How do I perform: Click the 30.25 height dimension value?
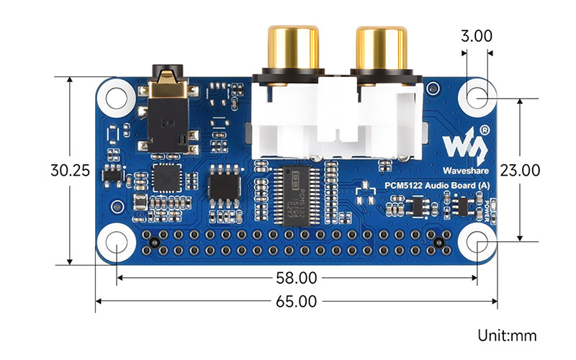tap(70, 171)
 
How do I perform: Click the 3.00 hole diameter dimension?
tap(477, 35)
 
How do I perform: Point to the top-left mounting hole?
tap(116, 96)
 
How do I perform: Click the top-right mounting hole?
tap(477, 96)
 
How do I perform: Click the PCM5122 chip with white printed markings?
tap(299, 198)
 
